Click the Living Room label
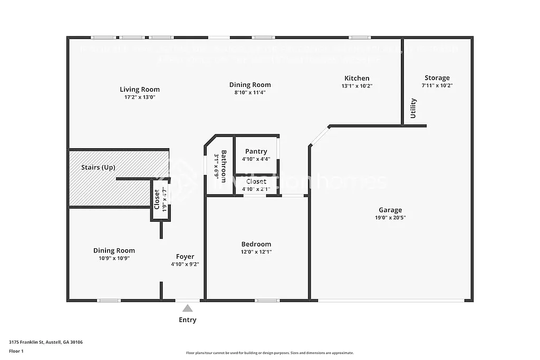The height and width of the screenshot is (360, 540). [x=140, y=90]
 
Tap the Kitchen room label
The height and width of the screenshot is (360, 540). [x=357, y=78]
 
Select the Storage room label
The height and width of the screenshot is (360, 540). [x=437, y=77]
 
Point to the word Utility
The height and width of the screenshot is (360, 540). [x=413, y=108]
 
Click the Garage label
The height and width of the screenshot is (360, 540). [x=390, y=210]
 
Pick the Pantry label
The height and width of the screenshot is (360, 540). [x=256, y=152]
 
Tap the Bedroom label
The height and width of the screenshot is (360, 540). [x=256, y=244]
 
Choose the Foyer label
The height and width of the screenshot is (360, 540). [x=185, y=257]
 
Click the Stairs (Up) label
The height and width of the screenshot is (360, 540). [x=98, y=168]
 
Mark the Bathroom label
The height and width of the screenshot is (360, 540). [x=224, y=166]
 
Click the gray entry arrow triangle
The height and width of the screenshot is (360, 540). [x=188, y=308]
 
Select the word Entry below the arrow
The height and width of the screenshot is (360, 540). [x=188, y=320]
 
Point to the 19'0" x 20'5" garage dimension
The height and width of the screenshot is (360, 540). [x=390, y=217]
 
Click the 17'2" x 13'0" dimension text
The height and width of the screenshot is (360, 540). [x=140, y=97]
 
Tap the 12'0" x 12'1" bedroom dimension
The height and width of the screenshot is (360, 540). [x=256, y=252]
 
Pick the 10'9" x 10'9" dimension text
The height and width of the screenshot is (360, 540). [x=114, y=258]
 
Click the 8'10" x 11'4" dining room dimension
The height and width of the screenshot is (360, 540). [x=250, y=92]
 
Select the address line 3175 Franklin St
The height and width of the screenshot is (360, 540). [x=46, y=342]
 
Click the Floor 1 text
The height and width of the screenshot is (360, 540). [x=16, y=351]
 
